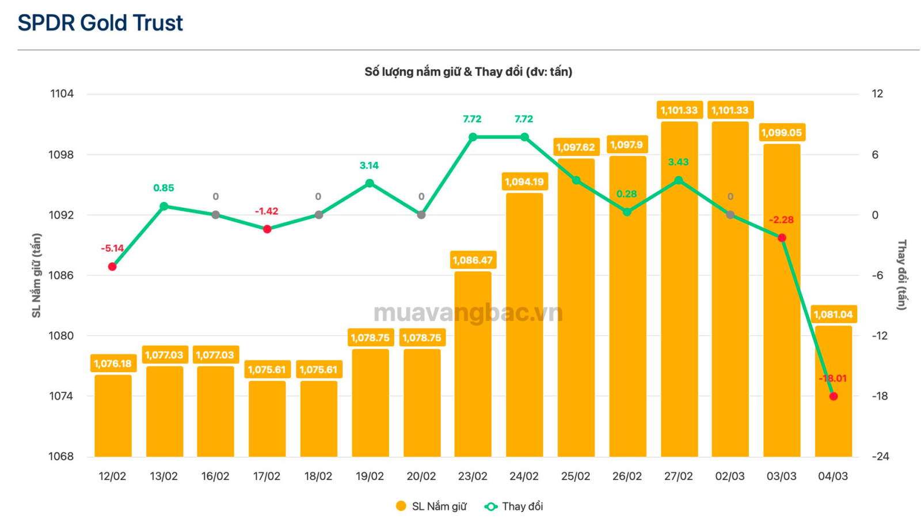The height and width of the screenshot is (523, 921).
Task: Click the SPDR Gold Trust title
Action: (100, 23)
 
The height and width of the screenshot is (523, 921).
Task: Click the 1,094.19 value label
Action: (524, 182)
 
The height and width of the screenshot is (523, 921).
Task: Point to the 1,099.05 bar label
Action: (781, 133)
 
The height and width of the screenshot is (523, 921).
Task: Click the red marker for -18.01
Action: (833, 396)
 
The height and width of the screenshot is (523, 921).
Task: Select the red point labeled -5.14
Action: (112, 267)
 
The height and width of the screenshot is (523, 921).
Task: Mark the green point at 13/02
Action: (164, 206)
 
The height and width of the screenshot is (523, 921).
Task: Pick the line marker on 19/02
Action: (370, 184)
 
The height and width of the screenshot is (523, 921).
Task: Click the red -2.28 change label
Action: (781, 220)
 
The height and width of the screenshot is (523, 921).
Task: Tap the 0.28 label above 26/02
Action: (626, 194)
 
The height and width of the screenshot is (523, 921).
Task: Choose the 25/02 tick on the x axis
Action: (576, 476)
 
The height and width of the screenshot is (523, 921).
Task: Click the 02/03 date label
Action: (730, 476)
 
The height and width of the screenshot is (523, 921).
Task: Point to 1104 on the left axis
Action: (62, 94)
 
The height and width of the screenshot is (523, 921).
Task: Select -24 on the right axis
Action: (880, 457)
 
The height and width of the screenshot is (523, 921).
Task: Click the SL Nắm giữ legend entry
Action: (432, 507)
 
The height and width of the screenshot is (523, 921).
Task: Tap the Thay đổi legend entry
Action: (514, 507)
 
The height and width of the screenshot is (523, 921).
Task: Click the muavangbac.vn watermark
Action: (468, 313)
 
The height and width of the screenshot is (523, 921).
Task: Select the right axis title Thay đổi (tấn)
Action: (901, 275)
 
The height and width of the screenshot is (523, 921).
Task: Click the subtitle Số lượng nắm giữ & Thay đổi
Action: (468, 72)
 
